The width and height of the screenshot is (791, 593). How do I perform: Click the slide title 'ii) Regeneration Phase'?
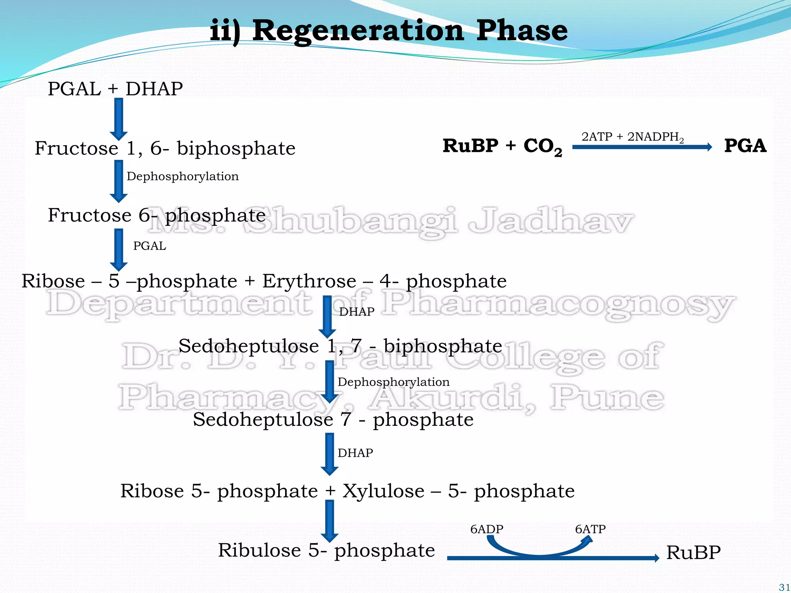pyautogui.click(x=389, y=31)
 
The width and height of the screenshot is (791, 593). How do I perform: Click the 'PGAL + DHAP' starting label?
pyautogui.click(x=115, y=89)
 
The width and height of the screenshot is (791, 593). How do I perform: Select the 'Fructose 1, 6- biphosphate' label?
pyautogui.click(x=165, y=148)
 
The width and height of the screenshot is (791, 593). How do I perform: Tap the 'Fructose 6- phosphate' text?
pyautogui.click(x=156, y=215)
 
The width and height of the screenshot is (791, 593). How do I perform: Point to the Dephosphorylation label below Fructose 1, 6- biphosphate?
pyautogui.click(x=182, y=176)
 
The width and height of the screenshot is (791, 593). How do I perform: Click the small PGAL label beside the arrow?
pyautogui.click(x=149, y=246)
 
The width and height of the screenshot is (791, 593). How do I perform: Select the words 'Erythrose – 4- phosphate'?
pyautogui.click(x=384, y=281)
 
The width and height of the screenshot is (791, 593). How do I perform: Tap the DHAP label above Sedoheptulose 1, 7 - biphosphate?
pyautogui.click(x=356, y=312)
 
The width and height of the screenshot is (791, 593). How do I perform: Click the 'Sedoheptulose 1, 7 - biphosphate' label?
pyautogui.click(x=340, y=346)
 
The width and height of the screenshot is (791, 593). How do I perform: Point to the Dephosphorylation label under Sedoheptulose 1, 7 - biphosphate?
pyautogui.click(x=394, y=382)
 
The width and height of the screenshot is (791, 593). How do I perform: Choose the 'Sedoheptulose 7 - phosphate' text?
pyautogui.click(x=333, y=419)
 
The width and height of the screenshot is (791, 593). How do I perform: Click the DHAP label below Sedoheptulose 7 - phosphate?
pyautogui.click(x=355, y=453)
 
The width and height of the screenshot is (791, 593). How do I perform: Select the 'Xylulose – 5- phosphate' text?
pyautogui.click(x=458, y=491)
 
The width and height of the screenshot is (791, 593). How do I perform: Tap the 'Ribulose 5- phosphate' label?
pyautogui.click(x=326, y=550)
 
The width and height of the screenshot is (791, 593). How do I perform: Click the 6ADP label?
pyautogui.click(x=487, y=529)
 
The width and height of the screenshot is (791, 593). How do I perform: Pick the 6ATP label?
pyautogui.click(x=590, y=529)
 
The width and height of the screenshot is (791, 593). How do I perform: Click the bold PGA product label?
pyautogui.click(x=745, y=146)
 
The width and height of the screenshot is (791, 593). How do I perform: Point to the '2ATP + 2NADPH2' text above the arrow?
pyautogui.click(x=633, y=137)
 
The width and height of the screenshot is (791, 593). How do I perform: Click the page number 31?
pyautogui.click(x=784, y=587)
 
